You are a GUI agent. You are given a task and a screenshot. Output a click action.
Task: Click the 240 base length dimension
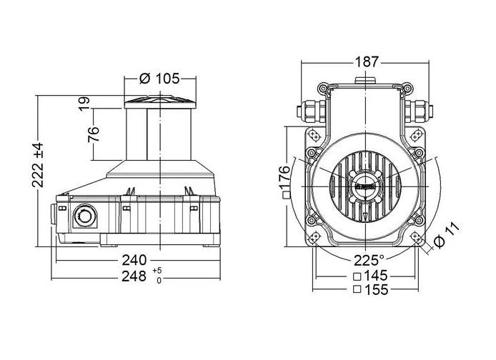point(134,259)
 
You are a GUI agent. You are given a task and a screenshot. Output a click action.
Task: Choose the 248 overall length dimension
point(134,275)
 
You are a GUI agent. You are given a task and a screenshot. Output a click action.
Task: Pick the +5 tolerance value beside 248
point(158,270)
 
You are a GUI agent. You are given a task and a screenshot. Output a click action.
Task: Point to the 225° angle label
point(369,259)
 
